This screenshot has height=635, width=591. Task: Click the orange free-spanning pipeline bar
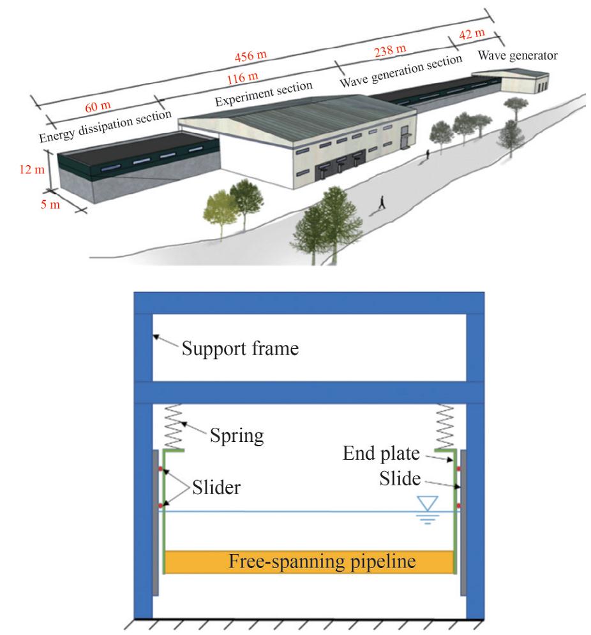point(309,561)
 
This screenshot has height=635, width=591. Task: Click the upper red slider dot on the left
point(162,471)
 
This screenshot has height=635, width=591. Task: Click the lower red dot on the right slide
point(459,507)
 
